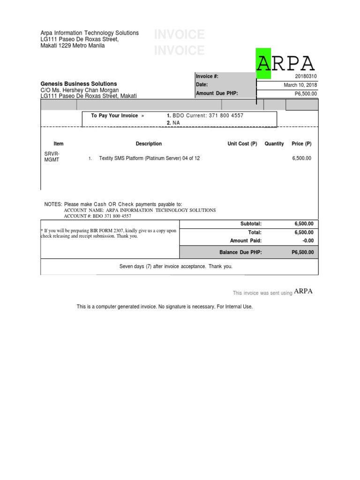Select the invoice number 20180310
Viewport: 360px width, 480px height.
(306, 76)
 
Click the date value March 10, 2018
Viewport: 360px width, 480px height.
(300, 85)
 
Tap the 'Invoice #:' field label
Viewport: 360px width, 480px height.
(207, 76)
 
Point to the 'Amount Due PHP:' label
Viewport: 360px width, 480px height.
(217, 93)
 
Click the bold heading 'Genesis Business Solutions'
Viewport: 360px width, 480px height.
(79, 83)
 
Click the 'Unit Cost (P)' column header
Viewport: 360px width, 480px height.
(242, 144)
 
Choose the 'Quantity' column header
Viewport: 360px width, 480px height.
(274, 144)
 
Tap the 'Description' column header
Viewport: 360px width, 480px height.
(149, 144)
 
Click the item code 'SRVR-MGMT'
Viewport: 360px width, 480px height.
(52, 157)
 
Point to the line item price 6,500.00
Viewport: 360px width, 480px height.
(301, 158)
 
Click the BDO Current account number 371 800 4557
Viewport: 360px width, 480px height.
(221, 115)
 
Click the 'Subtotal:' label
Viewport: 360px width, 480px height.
(251, 224)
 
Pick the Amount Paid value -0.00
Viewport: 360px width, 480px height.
(307, 241)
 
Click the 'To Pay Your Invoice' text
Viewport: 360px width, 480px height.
(114, 116)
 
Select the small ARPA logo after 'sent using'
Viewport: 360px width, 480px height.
(303, 291)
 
